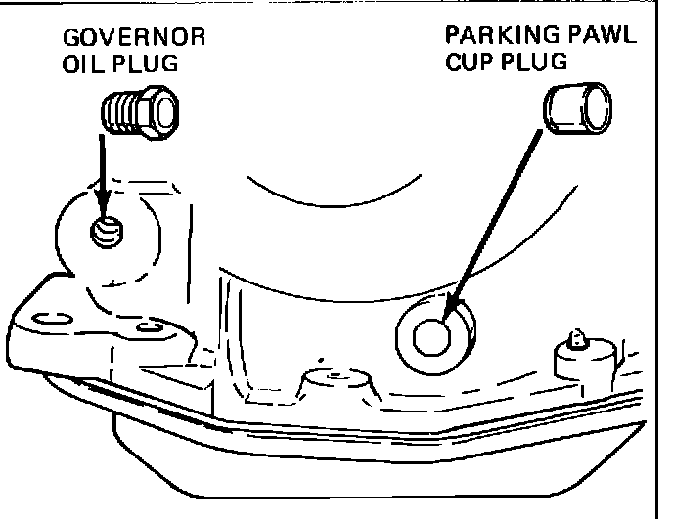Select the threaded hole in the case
pyautogui.click(x=107, y=233)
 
